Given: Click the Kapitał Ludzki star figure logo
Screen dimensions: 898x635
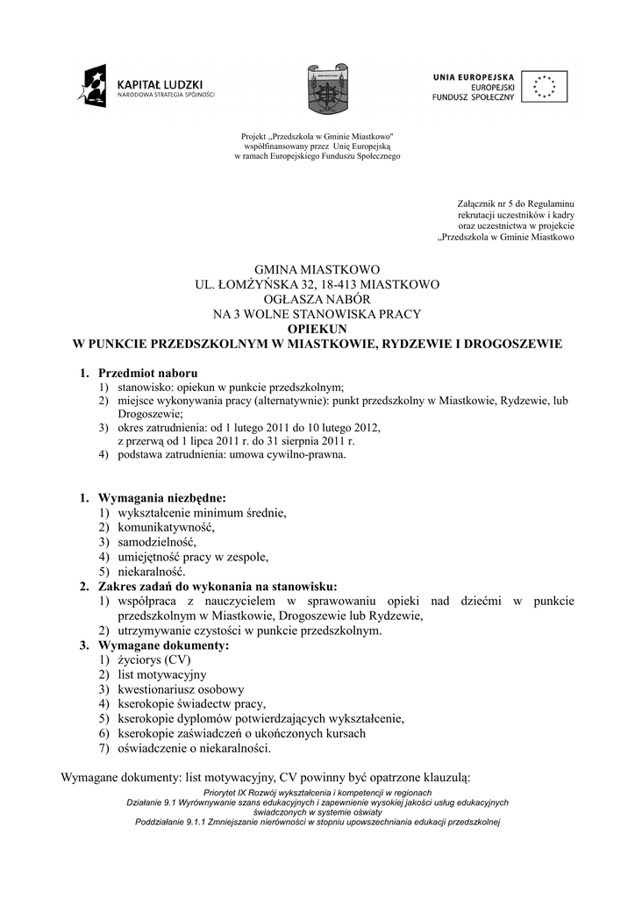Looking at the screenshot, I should click(92, 85).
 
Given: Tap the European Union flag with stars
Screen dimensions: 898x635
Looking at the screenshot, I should click(544, 86).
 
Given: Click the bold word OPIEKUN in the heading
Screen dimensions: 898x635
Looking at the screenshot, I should click(317, 329).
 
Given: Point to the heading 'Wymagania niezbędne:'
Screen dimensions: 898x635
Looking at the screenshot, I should click(162, 498).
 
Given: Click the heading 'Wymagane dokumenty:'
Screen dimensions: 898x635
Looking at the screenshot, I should click(163, 645).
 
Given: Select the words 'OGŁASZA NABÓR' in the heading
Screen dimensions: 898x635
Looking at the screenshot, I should click(317, 299).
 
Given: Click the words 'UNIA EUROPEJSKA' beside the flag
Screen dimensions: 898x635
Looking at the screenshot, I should click(473, 76).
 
